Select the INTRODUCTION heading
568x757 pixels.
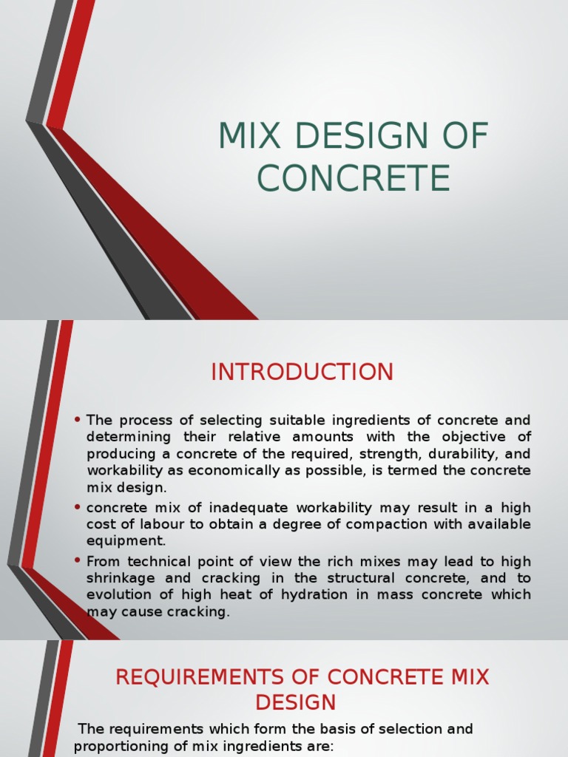(x=302, y=372)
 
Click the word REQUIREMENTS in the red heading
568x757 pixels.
(x=217, y=677)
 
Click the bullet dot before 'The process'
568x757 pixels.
(x=78, y=420)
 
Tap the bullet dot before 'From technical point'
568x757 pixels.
(x=78, y=562)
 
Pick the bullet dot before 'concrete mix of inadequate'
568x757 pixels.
(x=78, y=508)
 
